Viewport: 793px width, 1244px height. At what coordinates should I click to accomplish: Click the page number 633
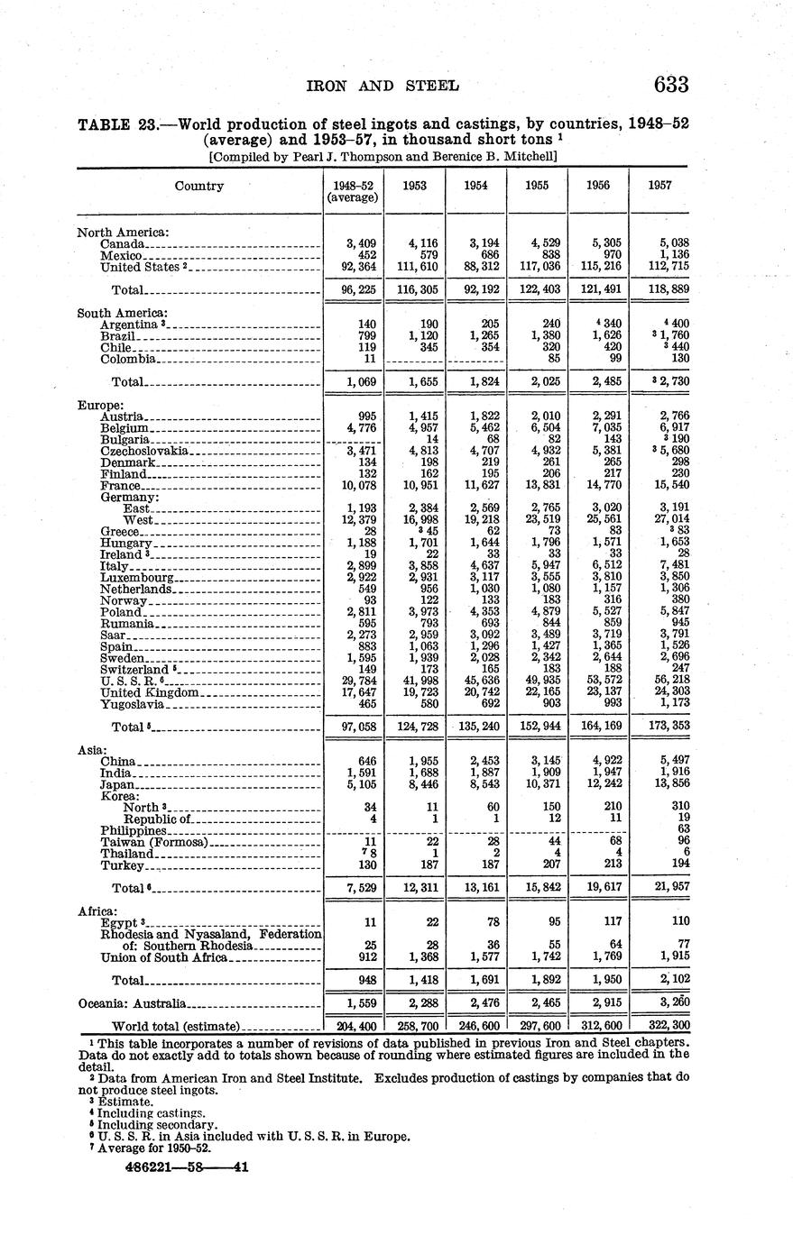pos(671,85)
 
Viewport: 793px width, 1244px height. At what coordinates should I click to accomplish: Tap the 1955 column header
pos(538,185)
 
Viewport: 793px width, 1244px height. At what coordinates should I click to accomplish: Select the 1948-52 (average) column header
pos(352,191)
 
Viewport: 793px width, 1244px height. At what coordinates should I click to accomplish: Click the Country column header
pos(198,186)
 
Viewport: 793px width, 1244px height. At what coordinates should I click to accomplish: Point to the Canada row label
pos(122,243)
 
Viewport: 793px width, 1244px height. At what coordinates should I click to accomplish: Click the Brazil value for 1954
pos(480,335)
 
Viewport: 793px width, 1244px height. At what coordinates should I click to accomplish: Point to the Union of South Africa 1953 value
pos(419,956)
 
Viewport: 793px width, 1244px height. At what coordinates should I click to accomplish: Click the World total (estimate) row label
pos(175,1026)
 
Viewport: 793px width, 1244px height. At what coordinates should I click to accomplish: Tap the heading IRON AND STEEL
pos(384,87)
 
